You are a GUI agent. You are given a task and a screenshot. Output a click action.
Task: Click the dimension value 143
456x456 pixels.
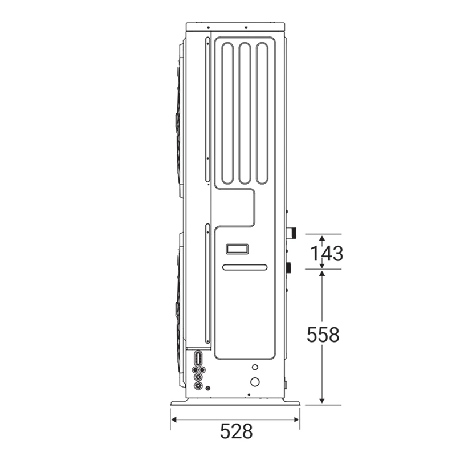(327, 254)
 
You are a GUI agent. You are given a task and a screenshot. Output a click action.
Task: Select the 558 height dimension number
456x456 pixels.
(323, 335)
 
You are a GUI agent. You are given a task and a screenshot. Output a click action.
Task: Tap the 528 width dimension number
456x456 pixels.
(236, 431)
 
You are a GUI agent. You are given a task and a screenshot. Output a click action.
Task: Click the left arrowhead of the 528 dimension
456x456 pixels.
(174, 420)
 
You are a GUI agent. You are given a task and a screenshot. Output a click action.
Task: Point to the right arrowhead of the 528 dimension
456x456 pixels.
(296, 420)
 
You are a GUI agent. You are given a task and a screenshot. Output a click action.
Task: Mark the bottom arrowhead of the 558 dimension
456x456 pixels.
(321, 401)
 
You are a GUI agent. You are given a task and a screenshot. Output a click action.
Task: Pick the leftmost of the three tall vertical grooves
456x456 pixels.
(227, 113)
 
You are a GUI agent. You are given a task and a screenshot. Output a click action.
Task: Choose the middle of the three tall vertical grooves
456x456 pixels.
(245, 113)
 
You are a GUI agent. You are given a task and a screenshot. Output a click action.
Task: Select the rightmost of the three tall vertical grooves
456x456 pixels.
(262, 113)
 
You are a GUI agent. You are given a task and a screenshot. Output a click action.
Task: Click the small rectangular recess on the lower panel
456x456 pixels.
(237, 249)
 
